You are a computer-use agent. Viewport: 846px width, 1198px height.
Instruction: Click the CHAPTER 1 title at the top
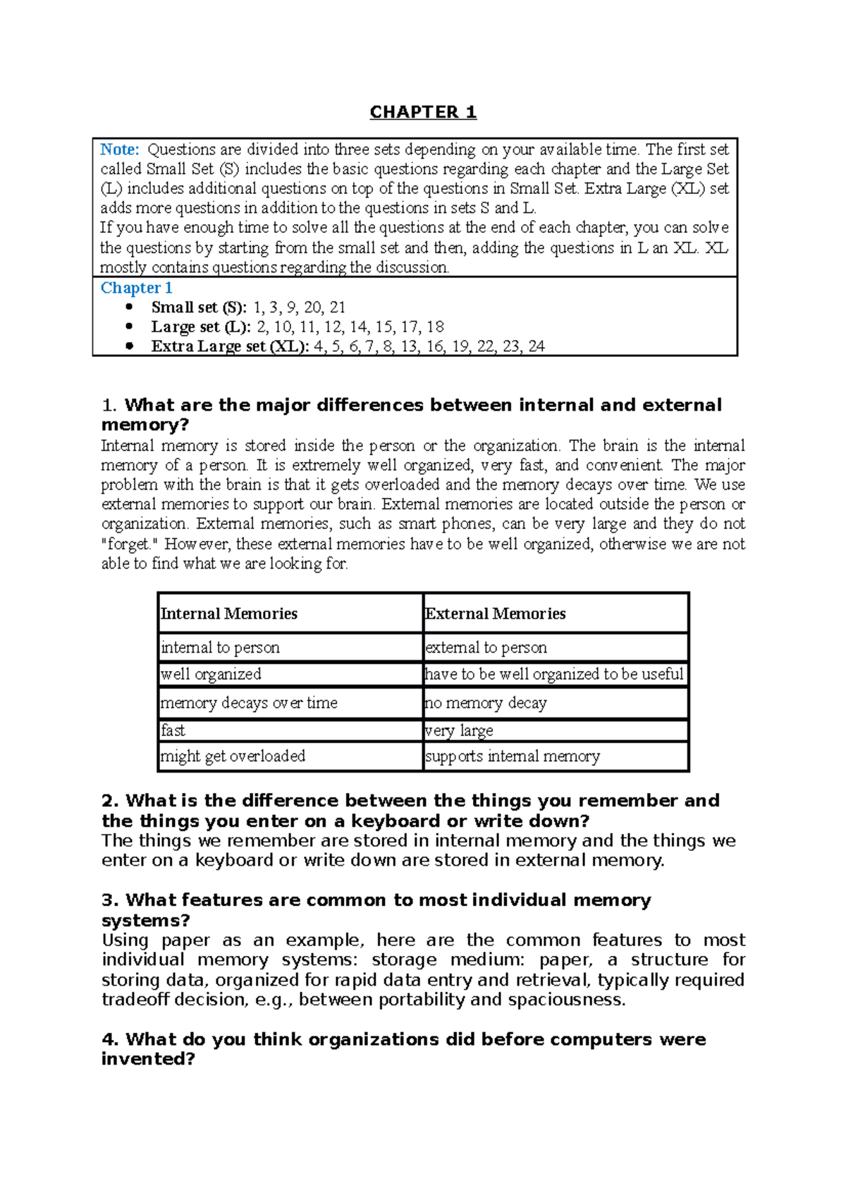tap(423, 112)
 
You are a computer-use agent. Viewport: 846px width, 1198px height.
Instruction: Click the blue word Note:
tap(120, 150)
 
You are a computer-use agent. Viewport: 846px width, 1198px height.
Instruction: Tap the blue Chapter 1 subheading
tap(136, 288)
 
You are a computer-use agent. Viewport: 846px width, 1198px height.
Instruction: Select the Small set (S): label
tap(199, 308)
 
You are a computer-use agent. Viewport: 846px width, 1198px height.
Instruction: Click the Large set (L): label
tap(201, 327)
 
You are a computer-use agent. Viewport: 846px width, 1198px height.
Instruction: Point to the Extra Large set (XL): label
tap(230, 346)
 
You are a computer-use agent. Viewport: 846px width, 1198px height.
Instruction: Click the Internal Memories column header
tap(229, 614)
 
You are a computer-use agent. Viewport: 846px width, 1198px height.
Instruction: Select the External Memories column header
tap(495, 614)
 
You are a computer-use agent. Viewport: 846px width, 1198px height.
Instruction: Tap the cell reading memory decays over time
tap(249, 703)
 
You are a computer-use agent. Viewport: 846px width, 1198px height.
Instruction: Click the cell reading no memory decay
tap(486, 703)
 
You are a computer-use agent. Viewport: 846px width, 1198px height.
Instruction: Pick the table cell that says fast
tap(173, 730)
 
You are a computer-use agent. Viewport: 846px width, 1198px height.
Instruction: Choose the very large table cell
tap(459, 730)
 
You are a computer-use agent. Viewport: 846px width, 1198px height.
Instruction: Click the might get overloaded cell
tap(233, 756)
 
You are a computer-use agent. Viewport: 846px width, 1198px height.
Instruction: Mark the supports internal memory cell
tap(513, 756)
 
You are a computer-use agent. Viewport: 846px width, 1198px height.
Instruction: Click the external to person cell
tap(486, 648)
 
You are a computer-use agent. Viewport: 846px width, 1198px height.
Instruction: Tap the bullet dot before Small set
tap(128, 307)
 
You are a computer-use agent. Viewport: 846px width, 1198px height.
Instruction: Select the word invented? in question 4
tap(147, 1059)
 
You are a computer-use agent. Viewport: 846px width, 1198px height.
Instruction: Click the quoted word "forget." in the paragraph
tap(130, 544)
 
